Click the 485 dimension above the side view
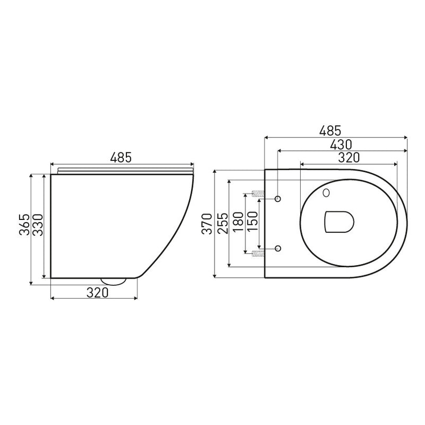pos(121,157)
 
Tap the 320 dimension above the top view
pos(349,157)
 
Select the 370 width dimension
pos(207,223)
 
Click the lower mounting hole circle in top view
pos(278,248)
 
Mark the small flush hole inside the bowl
pos(326,193)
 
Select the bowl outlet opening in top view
pos(338,222)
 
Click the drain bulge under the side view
pos(113,280)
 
